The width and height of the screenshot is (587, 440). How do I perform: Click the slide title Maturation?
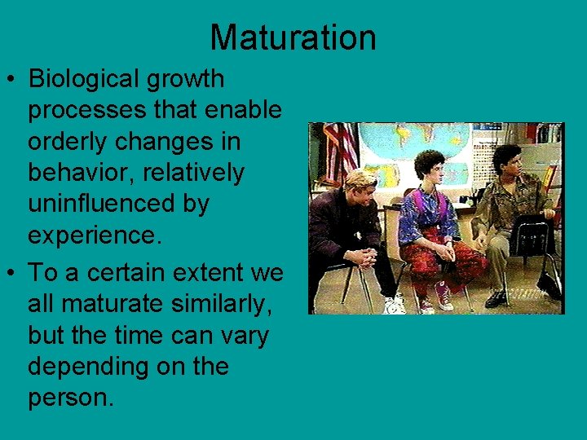(293, 37)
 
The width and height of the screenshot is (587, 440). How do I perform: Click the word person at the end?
(68, 398)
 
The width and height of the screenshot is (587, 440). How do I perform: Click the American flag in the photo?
(341, 151)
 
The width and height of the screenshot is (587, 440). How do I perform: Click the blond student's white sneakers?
(395, 305)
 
